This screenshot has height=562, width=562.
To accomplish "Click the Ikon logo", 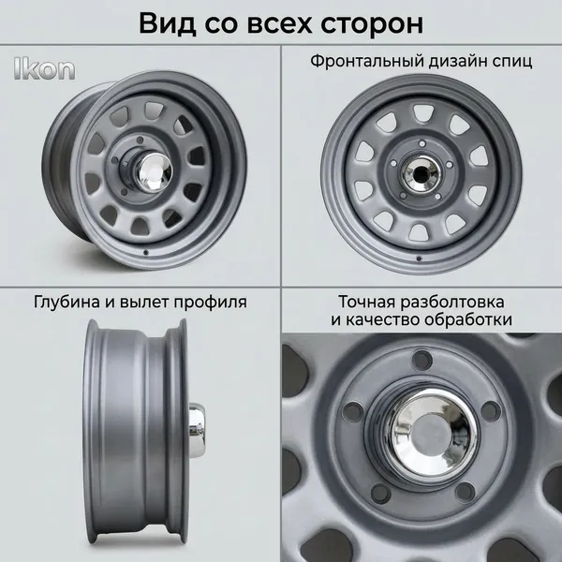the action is [x=45, y=68].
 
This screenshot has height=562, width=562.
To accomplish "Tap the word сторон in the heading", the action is [x=372, y=24].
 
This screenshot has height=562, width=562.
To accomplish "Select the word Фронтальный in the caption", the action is [x=366, y=61].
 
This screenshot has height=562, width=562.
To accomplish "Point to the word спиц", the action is [x=512, y=62].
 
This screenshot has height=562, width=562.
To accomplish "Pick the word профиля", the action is [x=211, y=303].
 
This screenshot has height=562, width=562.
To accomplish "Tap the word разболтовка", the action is [x=452, y=302].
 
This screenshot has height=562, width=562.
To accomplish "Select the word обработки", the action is [x=468, y=319].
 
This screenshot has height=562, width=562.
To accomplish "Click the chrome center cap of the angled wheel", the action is [x=155, y=172].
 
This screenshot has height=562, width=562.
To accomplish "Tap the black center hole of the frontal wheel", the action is [x=421, y=174].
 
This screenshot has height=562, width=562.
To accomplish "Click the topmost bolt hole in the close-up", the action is [x=422, y=360].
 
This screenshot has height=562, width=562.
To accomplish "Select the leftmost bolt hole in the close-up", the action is [x=352, y=411].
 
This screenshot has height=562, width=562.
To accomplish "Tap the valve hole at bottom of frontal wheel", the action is [x=419, y=259].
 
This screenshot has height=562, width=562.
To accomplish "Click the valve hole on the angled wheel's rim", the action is [x=145, y=253].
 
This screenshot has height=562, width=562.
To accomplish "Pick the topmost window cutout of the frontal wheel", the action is [x=423, y=113].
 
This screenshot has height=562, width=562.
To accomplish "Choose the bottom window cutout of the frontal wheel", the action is [x=419, y=232].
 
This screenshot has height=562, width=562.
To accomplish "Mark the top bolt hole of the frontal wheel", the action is [x=422, y=143].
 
